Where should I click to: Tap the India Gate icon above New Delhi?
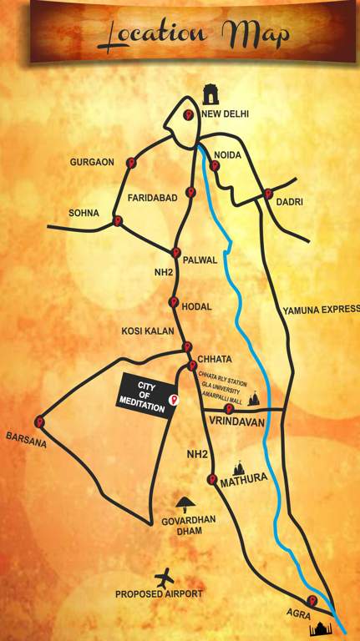pos(212,91)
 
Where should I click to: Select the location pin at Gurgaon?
pos(132,164)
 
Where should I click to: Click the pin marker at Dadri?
pos(268,194)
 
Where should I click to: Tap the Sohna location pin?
pos(117,221)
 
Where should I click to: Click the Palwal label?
pos(201,260)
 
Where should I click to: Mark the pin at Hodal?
pos(174,302)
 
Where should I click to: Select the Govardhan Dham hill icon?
pos(186,502)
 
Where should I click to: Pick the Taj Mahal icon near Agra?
pos(321,628)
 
